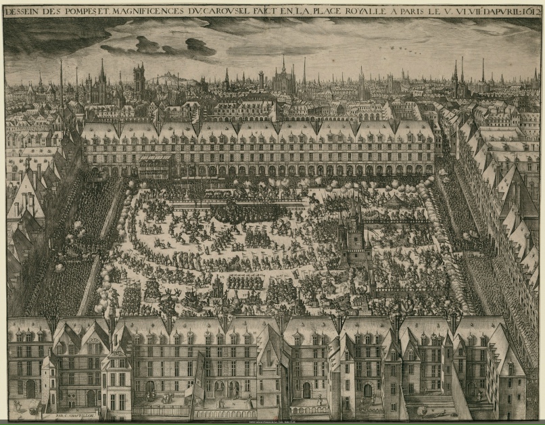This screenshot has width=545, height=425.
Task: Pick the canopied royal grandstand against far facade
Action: [x=156, y=163]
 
